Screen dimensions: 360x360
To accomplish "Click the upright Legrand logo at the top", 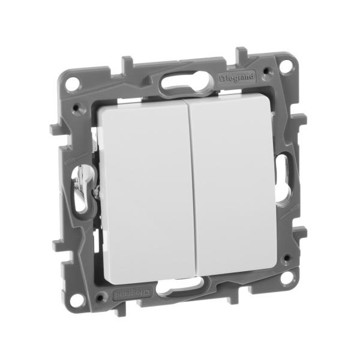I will point(239,77).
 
